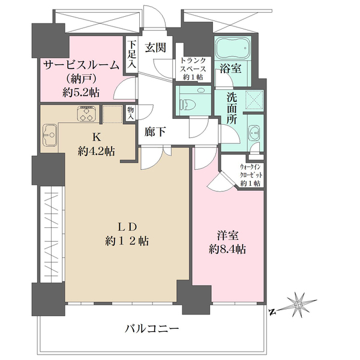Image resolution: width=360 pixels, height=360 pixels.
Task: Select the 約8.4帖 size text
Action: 229,249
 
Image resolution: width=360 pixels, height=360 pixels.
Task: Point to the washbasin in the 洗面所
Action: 254,133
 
